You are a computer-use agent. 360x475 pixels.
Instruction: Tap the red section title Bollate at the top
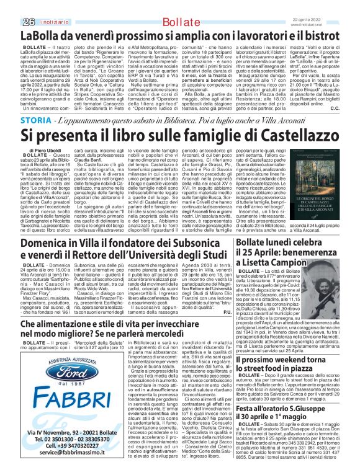[x=179, y=6]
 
